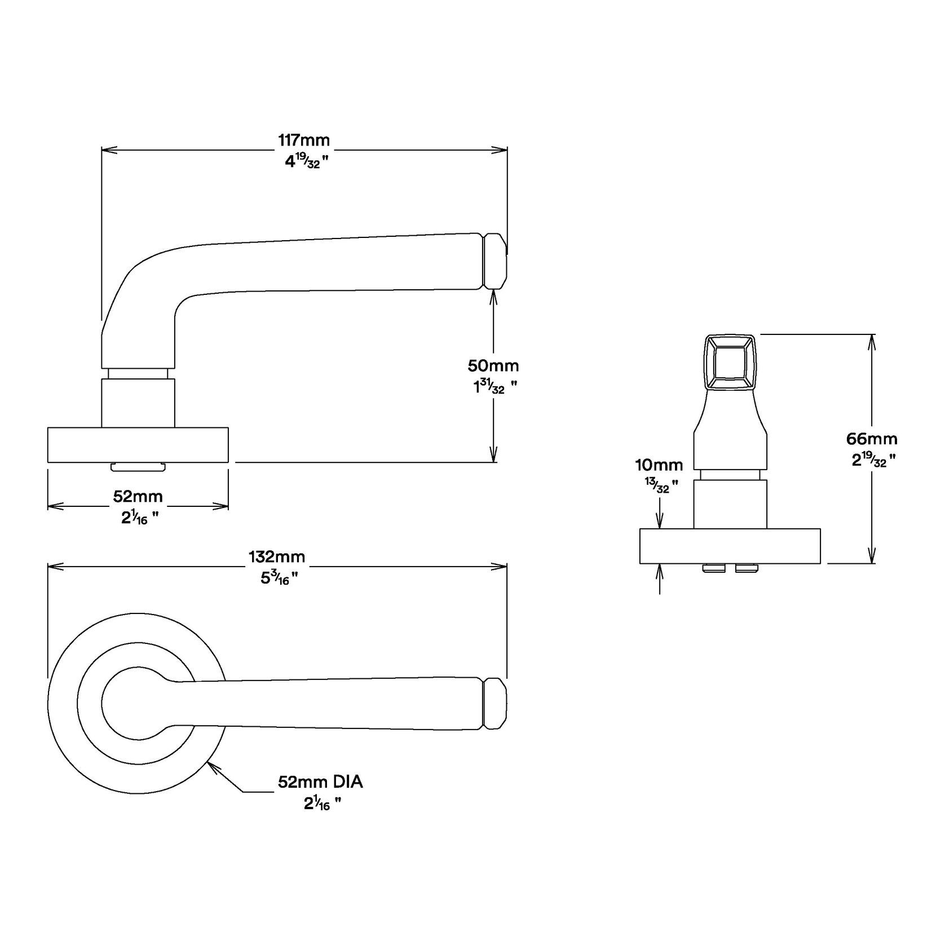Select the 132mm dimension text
pyautogui.click(x=277, y=557)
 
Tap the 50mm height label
pyautogui.click(x=493, y=365)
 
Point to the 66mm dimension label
pyautogui.click(x=872, y=438)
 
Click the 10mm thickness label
pyautogui.click(x=659, y=465)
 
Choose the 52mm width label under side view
pyautogui.click(x=138, y=496)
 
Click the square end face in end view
pyautogui.click(x=730, y=362)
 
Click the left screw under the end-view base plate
pyautogui.click(x=713, y=568)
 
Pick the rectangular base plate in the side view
pyautogui.click(x=138, y=445)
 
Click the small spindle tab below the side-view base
pyautogui.click(x=138, y=466)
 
